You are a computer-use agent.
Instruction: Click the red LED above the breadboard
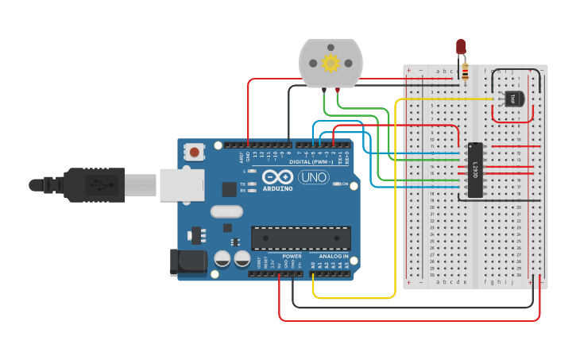click(461, 47)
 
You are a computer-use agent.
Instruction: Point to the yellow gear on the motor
click(330, 62)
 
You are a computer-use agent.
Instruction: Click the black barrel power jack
click(187, 262)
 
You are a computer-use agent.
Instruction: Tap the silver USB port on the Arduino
click(182, 185)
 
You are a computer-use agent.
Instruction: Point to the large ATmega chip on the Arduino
click(301, 237)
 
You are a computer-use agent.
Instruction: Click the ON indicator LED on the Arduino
click(336, 184)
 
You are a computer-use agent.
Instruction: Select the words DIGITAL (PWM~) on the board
click(313, 162)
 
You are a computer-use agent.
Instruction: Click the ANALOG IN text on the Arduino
click(334, 257)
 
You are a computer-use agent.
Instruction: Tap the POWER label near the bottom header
click(292, 257)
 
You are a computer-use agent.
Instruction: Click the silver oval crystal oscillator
click(226, 212)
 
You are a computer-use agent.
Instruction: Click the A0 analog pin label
click(314, 265)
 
